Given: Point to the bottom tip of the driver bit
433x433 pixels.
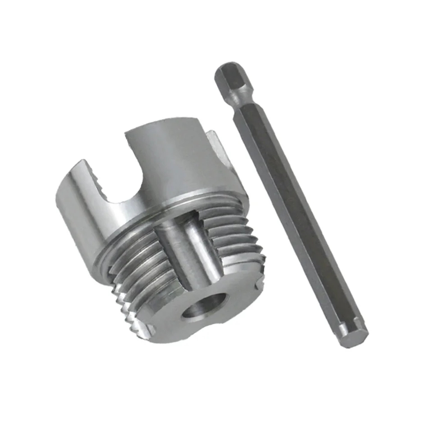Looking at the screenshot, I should coord(355,334).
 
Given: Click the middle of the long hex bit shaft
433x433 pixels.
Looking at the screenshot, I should coord(293,212).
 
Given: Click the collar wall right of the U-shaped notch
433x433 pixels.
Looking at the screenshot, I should coord(180,162).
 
